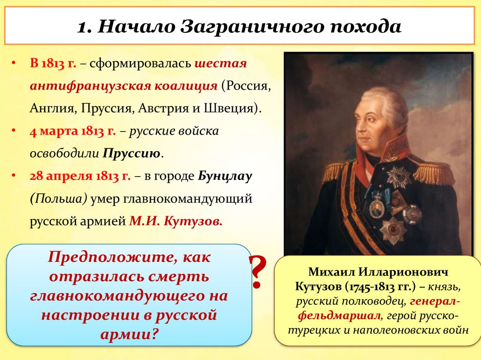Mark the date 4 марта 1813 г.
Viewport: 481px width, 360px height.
pos(73,131)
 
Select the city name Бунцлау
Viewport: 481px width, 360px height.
pos(225,176)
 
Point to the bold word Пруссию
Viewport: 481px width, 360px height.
pos(132,153)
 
